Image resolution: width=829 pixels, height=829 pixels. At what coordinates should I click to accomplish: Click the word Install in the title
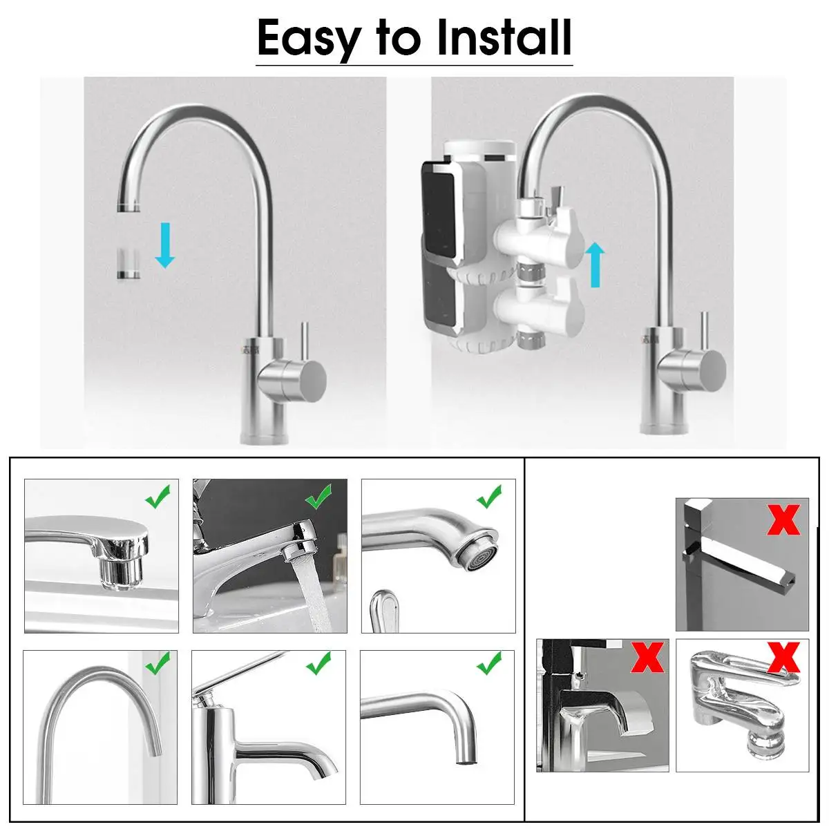tap(504, 37)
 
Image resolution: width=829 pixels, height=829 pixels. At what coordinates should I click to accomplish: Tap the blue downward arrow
tap(165, 245)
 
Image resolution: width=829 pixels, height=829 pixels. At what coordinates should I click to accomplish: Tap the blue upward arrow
tap(595, 264)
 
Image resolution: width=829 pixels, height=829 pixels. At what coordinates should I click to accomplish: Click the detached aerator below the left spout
tap(128, 263)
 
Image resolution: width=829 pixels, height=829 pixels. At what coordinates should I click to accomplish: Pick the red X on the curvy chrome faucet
tap(784, 657)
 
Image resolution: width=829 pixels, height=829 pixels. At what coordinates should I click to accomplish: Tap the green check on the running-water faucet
tap(318, 497)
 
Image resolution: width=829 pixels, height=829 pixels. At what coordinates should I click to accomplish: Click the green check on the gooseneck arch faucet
tap(158, 662)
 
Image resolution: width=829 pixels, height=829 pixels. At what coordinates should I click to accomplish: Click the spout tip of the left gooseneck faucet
tap(128, 207)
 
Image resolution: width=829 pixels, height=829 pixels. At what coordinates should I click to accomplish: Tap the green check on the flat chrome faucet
tap(158, 497)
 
